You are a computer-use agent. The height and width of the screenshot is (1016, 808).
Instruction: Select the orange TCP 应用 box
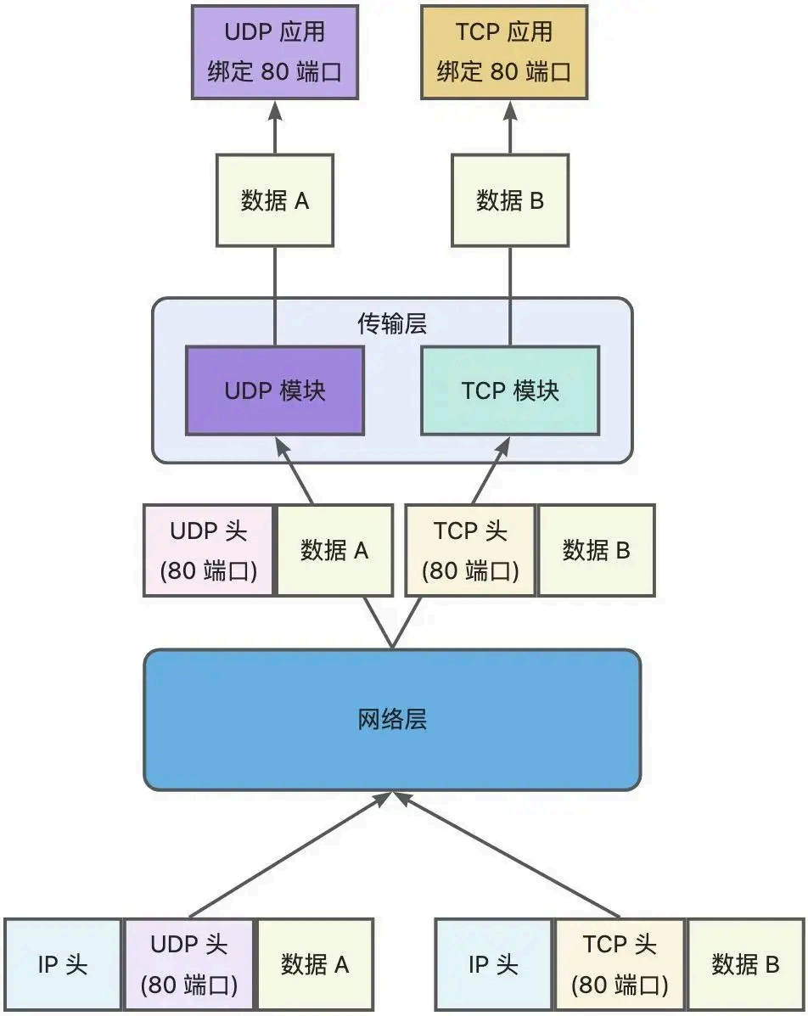(504, 52)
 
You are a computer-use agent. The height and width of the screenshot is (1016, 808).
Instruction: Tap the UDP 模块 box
(275, 390)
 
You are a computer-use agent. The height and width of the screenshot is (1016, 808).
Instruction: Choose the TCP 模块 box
(510, 390)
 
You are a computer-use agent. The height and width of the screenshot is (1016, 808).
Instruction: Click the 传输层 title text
(392, 323)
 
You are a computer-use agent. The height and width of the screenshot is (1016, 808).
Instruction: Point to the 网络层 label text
(392, 720)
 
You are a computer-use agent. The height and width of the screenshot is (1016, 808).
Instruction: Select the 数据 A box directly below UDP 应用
(275, 200)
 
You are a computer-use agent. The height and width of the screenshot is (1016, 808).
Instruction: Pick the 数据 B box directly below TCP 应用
(510, 200)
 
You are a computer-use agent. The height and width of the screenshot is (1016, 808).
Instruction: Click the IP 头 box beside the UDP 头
(63, 965)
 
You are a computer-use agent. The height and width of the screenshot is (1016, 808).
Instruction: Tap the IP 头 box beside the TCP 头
(493, 965)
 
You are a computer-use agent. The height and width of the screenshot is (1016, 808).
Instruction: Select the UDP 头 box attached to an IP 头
(188, 965)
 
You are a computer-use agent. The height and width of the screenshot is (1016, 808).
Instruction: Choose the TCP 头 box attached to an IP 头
(620, 965)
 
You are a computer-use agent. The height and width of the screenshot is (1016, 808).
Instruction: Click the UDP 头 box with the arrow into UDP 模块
(209, 550)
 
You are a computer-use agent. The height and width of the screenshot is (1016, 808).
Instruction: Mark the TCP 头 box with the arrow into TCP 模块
(470, 550)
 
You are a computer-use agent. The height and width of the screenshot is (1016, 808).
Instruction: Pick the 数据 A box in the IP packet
(315, 965)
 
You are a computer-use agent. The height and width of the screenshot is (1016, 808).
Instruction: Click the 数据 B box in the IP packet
(745, 965)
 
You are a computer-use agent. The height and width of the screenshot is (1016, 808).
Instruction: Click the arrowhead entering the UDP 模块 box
(278, 445)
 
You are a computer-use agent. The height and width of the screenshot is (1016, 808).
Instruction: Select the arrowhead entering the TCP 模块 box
(506, 445)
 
